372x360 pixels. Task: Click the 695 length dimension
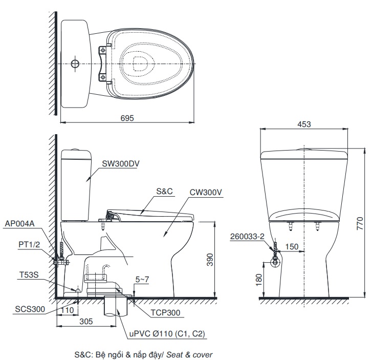127,118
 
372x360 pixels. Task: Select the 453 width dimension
304,124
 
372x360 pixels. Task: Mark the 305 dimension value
86,321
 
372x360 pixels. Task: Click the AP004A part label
20,224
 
